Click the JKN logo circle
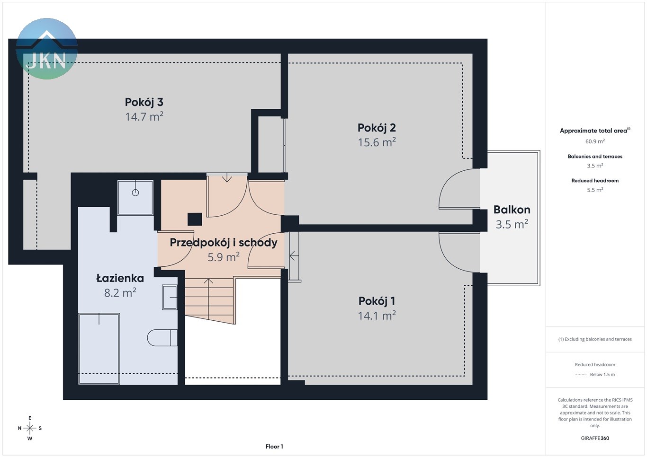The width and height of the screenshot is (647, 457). tap(47, 48)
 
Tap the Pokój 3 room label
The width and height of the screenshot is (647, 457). tap(144, 102)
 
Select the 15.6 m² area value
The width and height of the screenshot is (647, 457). tap(377, 142)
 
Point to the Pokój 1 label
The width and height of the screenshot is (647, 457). tap(377, 301)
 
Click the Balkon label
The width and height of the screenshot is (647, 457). tap(512, 210)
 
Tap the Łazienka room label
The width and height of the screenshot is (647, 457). tap(120, 278)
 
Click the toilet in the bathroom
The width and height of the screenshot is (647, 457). tap(162, 338)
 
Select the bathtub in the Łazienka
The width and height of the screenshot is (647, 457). tap(99, 349)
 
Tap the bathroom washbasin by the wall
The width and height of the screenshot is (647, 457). tap(170, 297)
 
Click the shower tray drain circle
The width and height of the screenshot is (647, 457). tap(135, 193)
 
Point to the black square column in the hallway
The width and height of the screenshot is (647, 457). tap(195, 219)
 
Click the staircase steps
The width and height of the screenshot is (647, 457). tap(209, 300)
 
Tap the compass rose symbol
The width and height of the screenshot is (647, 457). tap(30, 428)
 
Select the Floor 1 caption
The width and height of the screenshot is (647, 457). tap(274, 447)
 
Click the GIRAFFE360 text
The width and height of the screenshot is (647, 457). tap(595, 438)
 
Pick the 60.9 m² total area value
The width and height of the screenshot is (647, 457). tap(595, 141)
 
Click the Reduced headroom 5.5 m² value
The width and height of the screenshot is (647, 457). tap(595, 190)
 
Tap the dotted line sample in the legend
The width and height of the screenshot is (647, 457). tap(581, 375)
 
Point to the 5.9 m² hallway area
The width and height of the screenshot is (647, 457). tap(224, 257)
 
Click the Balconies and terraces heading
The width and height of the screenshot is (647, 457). tap(595, 157)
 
